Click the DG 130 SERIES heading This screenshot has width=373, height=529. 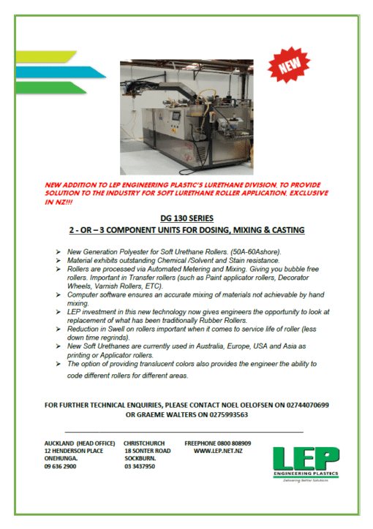186,218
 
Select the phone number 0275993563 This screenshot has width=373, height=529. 222,414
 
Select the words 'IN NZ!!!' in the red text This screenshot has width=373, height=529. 62,199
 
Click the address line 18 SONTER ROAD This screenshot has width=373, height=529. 147,452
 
